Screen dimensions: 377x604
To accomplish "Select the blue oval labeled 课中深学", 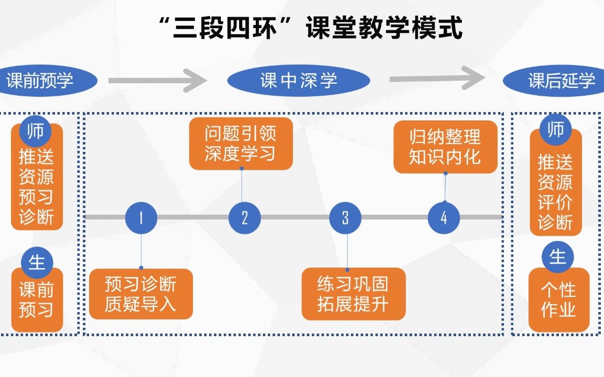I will [x=298, y=81].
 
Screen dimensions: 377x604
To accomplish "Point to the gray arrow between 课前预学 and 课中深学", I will [x=158, y=80].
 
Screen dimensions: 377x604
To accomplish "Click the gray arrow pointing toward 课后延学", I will [x=438, y=78].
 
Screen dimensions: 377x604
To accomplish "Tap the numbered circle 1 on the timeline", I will [x=141, y=218].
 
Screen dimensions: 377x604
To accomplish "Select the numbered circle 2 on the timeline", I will [x=244, y=218].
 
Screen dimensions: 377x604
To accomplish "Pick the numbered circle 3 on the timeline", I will [x=345, y=218].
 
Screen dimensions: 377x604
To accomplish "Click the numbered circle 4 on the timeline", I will [x=444, y=218].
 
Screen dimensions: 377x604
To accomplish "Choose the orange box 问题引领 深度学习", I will [x=241, y=144].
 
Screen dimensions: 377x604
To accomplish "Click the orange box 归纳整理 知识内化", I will [x=445, y=147].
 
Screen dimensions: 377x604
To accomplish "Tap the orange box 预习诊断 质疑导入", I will [x=141, y=294].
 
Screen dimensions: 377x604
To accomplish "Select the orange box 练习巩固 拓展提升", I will [x=353, y=294].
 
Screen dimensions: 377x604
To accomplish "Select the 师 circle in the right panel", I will [x=556, y=130].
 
